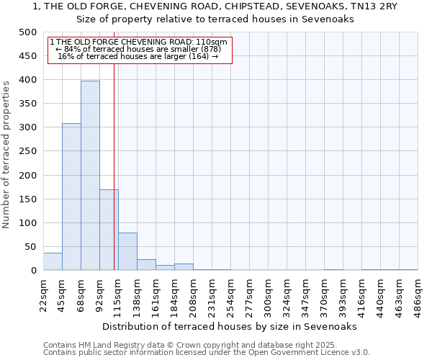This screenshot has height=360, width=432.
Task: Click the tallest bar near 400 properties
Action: click(x=90, y=176)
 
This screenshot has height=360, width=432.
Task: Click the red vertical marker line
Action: click(x=114, y=166)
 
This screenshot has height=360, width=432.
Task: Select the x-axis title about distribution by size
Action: click(x=230, y=326)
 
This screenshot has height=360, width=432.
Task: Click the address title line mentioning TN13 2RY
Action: click(x=215, y=6)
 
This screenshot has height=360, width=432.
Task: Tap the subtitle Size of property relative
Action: click(x=215, y=19)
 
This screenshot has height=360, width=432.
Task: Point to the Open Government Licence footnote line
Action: click(x=207, y=353)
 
